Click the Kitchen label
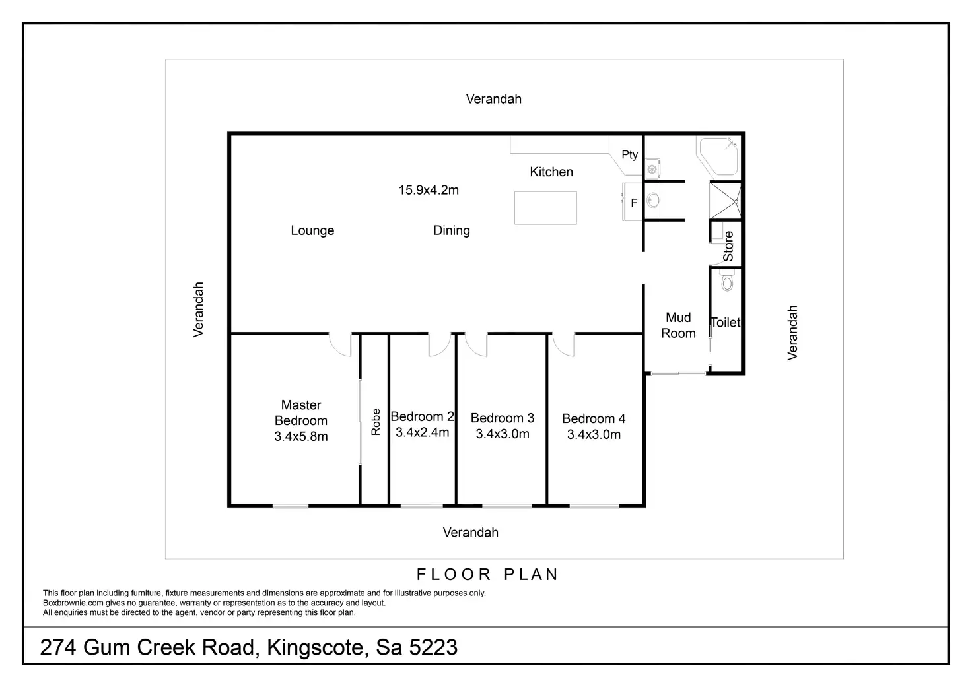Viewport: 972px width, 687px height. (x=551, y=172)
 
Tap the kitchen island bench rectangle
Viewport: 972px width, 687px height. (x=545, y=208)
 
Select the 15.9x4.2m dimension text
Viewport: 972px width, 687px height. (x=429, y=191)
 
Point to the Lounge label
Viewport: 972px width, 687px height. (x=312, y=231)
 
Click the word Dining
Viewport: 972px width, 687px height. (x=452, y=231)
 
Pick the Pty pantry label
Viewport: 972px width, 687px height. (x=629, y=155)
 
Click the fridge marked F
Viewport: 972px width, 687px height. (x=633, y=203)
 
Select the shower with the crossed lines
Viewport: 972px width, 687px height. (x=724, y=199)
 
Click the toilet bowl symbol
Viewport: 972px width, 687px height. (x=727, y=282)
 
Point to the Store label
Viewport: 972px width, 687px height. (x=728, y=246)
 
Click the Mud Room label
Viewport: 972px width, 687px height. (x=678, y=326)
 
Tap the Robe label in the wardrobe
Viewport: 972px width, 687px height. (x=376, y=422)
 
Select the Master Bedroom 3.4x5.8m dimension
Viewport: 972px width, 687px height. (x=301, y=437)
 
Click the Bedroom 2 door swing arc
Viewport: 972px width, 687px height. (x=439, y=345)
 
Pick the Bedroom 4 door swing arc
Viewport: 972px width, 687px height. (x=563, y=345)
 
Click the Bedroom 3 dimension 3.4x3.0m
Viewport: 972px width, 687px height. (x=503, y=434)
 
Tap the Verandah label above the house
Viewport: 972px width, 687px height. (x=493, y=100)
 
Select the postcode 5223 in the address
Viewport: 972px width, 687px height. (x=433, y=647)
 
